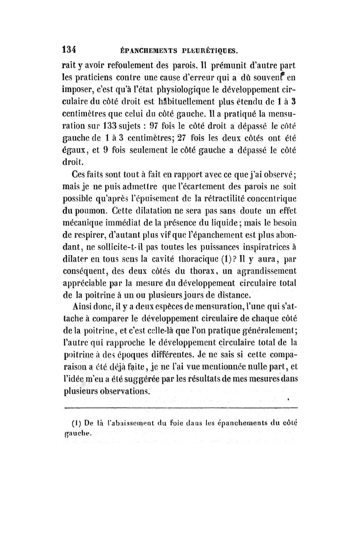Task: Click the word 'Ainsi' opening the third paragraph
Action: (x=86, y=307)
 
